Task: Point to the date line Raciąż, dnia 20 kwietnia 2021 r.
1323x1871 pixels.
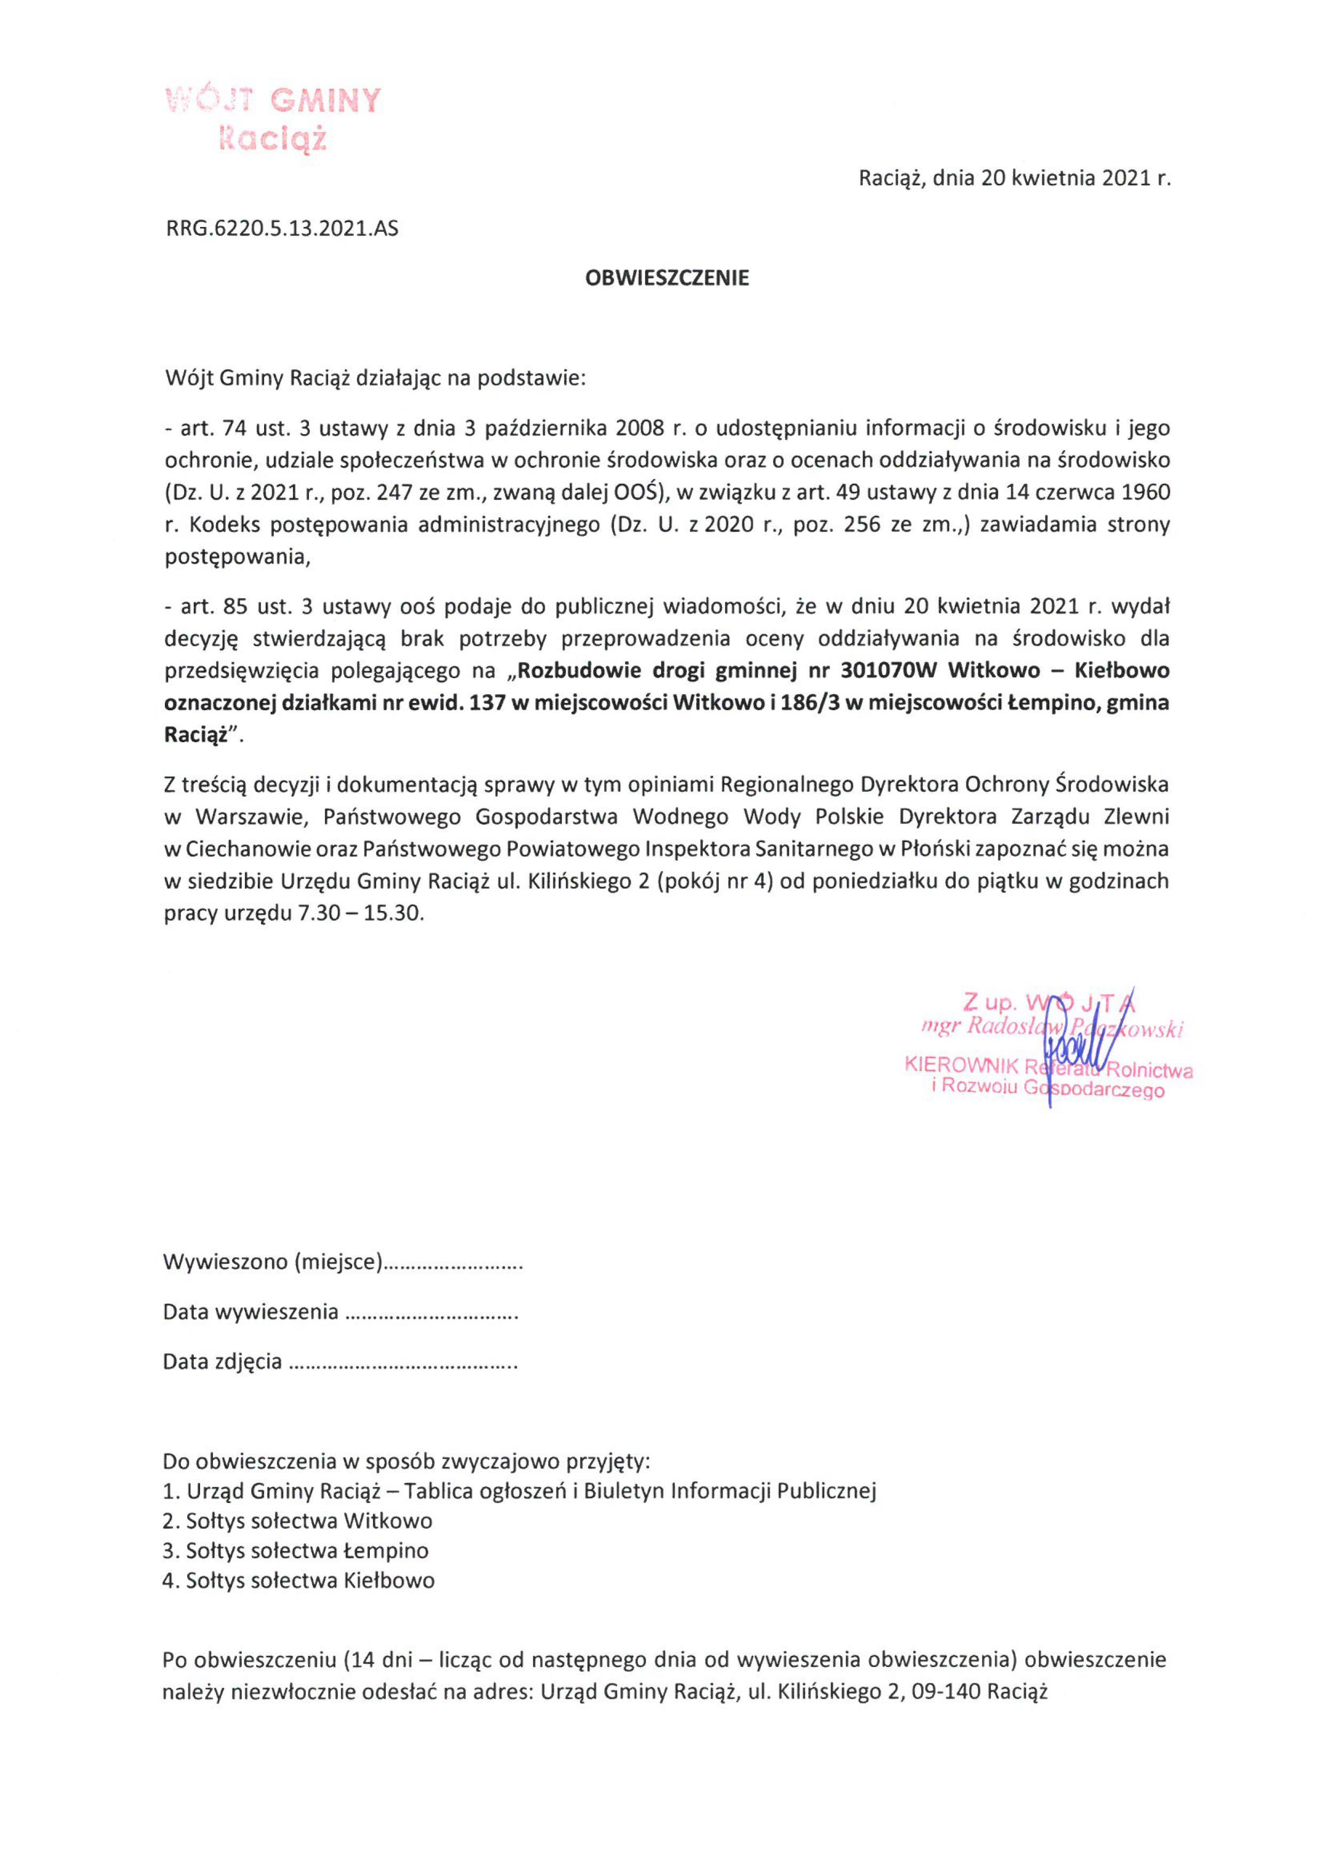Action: coord(1014,178)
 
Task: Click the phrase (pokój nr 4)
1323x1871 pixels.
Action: coord(719,881)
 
